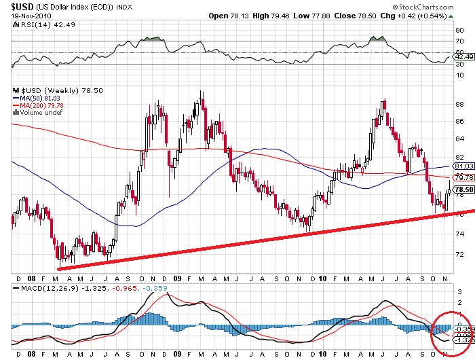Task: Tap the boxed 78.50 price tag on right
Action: pos(463,190)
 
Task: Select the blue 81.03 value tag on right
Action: pos(463,166)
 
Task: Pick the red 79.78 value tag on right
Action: pos(463,177)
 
